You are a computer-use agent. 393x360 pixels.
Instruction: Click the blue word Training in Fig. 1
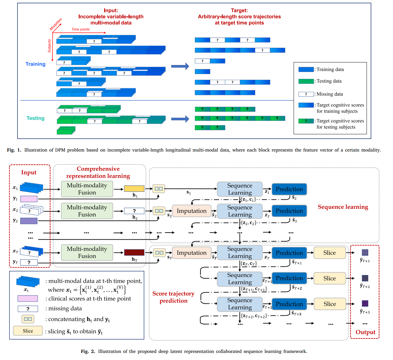click(x=35, y=64)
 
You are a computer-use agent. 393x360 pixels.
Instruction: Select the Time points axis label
click(x=80, y=29)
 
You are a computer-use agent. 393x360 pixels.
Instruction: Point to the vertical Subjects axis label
click(x=49, y=46)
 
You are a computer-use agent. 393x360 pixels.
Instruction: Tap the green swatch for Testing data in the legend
click(x=306, y=81)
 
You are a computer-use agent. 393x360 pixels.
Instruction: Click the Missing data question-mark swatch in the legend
click(x=306, y=94)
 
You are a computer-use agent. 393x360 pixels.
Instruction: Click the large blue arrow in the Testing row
click(x=180, y=119)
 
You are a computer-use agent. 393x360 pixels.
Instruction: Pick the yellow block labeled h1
click(x=134, y=189)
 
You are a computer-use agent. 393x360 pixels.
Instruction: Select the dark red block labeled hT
click(x=134, y=253)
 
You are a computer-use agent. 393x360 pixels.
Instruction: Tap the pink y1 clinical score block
click(x=29, y=199)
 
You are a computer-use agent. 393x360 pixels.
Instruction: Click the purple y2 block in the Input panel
click(x=29, y=221)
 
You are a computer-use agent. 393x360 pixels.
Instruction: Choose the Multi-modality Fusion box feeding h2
click(x=87, y=211)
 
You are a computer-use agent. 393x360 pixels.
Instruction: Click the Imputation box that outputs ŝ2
click(x=192, y=211)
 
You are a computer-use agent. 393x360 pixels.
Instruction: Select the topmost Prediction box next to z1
click(x=289, y=189)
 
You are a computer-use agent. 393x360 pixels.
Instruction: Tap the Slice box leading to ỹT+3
click(x=330, y=304)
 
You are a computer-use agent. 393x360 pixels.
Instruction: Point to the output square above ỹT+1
click(x=365, y=253)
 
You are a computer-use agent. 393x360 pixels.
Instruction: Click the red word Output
click(x=365, y=332)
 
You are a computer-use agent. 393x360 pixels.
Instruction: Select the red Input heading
click(x=29, y=172)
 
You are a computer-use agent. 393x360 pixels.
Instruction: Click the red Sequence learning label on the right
click(x=343, y=207)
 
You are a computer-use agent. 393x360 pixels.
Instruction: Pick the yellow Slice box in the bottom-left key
click(x=28, y=331)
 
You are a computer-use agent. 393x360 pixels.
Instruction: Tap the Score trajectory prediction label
click(x=174, y=297)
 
